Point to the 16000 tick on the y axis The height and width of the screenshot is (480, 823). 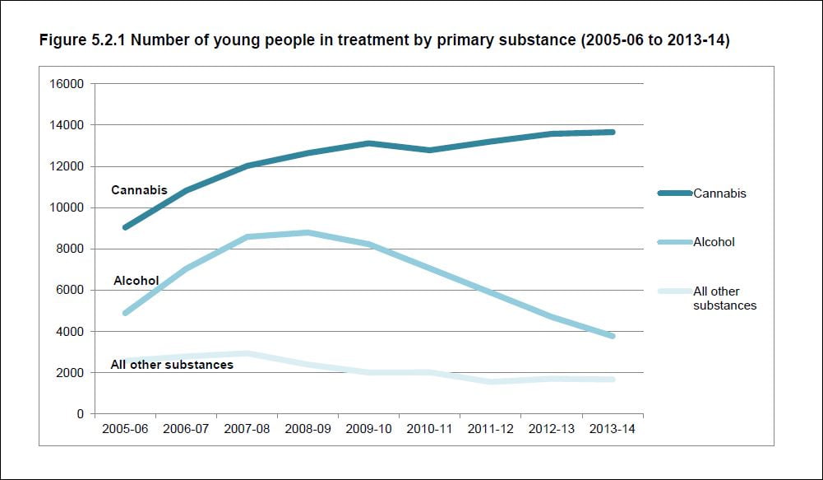(x=68, y=84)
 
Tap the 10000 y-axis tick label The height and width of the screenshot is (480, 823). (x=68, y=207)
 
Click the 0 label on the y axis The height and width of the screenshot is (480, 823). (x=81, y=414)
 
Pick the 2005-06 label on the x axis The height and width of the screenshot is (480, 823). (x=124, y=429)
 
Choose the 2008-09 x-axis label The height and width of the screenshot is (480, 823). (x=307, y=429)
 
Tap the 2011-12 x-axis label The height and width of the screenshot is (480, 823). (x=491, y=429)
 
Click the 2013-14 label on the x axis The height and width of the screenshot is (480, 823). (x=613, y=429)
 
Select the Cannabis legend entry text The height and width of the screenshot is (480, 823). (x=719, y=193)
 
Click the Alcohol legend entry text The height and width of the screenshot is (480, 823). (x=714, y=242)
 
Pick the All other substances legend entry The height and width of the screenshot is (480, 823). (x=724, y=298)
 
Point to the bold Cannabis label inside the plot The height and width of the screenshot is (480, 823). (x=139, y=190)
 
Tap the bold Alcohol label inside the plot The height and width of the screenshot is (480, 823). (x=136, y=281)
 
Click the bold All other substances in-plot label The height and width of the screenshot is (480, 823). (x=172, y=364)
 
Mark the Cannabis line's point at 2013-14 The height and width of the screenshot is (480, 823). (x=613, y=132)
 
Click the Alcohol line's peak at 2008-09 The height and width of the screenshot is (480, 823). (x=307, y=232)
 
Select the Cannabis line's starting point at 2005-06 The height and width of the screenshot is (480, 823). (x=124, y=227)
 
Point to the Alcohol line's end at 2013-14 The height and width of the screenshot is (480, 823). (x=613, y=336)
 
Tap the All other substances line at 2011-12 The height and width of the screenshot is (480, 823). (x=491, y=381)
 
